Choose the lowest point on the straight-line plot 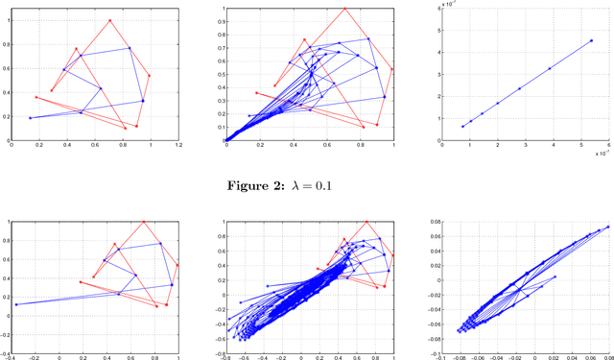point(462,126)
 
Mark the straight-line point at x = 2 point(497,104)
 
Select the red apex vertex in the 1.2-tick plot point(110,20)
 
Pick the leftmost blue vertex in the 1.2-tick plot point(30,118)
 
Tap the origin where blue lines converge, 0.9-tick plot point(226,140)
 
